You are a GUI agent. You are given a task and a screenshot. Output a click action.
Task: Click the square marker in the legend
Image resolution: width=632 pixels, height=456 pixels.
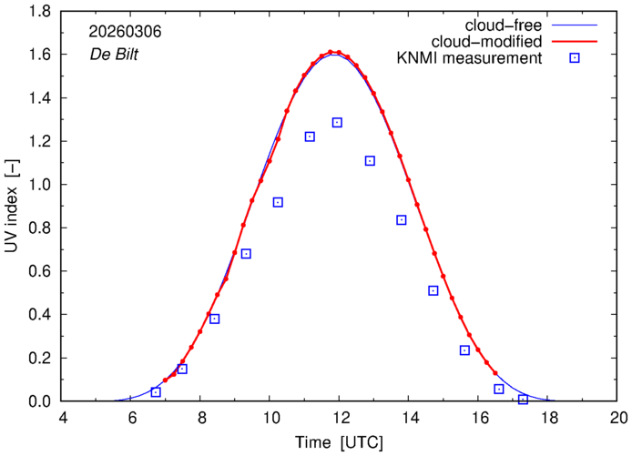[576, 59]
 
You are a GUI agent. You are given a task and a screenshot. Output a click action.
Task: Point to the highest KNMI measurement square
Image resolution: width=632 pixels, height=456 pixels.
[337, 122]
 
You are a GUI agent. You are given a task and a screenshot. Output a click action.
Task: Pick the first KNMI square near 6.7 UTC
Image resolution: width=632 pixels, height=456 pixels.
[156, 392]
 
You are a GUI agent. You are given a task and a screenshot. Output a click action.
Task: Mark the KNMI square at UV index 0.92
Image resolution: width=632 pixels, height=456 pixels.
[278, 202]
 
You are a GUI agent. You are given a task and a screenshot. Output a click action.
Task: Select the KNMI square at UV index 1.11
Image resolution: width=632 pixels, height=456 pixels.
[370, 161]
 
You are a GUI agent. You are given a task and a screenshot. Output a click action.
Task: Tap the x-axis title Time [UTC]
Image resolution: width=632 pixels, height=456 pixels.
[338, 443]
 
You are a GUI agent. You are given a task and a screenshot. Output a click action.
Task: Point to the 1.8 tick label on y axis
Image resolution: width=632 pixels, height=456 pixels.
[38, 11]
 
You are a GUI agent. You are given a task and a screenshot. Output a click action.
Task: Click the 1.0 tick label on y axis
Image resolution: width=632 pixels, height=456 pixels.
[38, 185]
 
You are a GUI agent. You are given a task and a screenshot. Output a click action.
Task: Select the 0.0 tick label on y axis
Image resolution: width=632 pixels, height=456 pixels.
[38, 401]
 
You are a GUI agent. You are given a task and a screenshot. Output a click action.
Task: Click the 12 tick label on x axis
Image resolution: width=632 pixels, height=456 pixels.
[339, 419]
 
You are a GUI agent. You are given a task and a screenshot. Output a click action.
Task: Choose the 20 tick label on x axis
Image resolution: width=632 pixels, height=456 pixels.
[617, 419]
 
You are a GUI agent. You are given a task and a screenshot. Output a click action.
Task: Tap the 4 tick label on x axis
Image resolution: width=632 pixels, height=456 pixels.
[62, 419]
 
